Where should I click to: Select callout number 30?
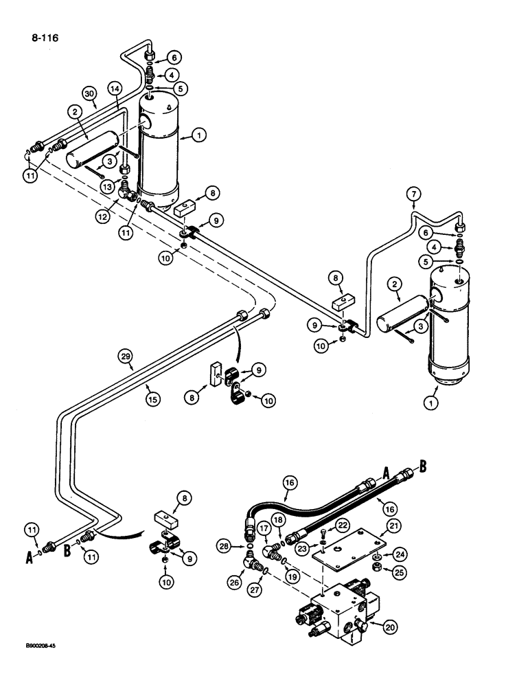click(89, 93)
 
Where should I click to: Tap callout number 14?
click(115, 89)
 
